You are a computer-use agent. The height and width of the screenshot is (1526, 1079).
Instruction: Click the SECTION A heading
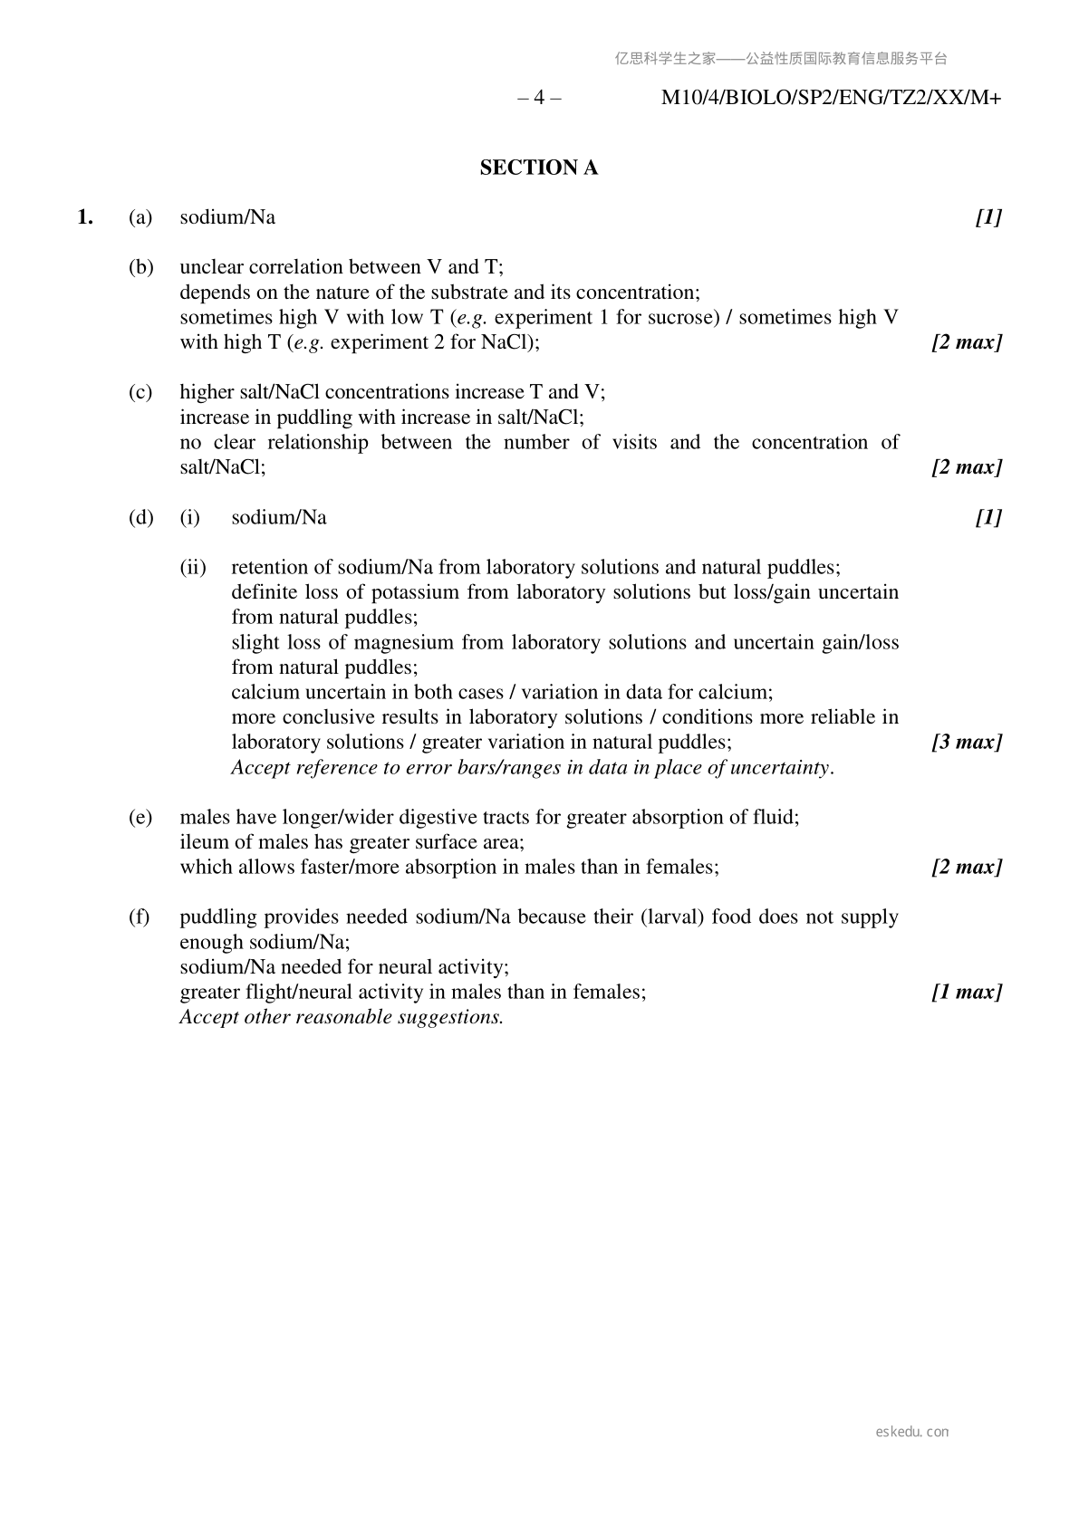[x=538, y=168]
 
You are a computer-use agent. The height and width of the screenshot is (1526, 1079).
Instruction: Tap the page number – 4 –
[x=539, y=98]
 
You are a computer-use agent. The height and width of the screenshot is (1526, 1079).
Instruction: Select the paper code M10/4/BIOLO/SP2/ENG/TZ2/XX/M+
[x=831, y=98]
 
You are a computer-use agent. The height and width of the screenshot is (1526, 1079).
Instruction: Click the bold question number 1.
[x=85, y=217]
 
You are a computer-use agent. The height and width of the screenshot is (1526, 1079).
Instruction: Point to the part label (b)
[x=140, y=267]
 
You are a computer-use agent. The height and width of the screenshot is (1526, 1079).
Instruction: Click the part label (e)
[x=140, y=818]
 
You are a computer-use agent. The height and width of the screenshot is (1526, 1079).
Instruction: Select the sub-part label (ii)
[x=193, y=568]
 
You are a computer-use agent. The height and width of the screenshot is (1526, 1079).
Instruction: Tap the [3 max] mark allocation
[x=967, y=743]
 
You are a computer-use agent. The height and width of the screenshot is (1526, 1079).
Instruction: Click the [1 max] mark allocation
[x=967, y=993]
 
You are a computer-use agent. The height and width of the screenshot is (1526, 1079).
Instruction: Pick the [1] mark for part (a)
[x=988, y=217]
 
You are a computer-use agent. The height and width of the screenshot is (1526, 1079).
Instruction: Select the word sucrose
[x=678, y=318]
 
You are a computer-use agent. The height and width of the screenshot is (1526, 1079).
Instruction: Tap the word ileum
[x=203, y=842]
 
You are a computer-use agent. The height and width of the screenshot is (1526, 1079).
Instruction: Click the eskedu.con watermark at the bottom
[x=912, y=1432]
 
